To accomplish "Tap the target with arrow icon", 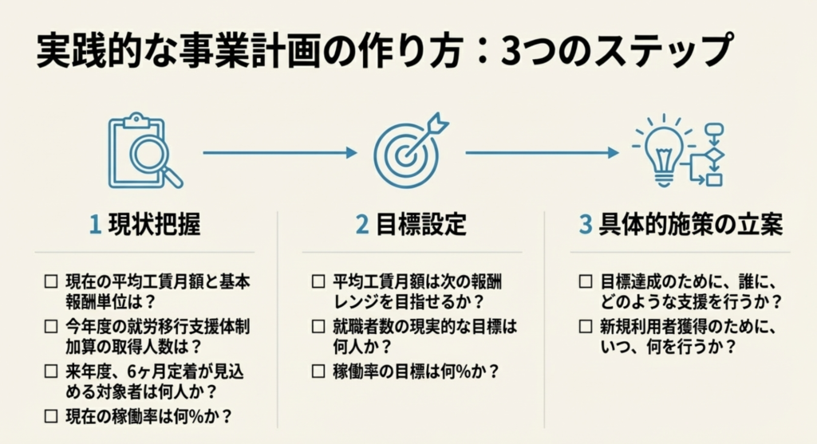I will pos(408,151).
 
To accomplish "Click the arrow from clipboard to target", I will pos(279,152).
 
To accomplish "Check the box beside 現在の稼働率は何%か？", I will pos(51,415).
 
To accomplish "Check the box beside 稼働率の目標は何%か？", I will pos(318,371).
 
